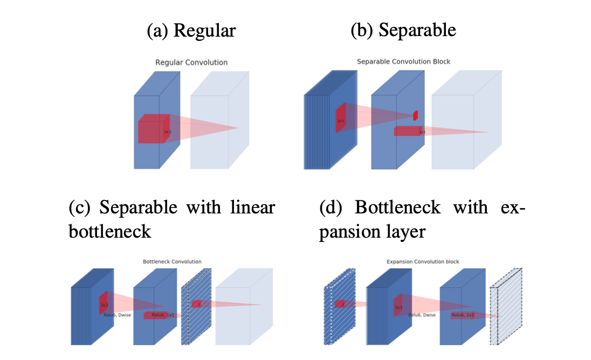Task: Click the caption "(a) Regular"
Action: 191,30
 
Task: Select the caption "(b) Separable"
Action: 403,30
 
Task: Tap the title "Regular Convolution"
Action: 191,63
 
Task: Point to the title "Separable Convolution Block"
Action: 403,61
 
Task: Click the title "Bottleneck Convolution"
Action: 164,262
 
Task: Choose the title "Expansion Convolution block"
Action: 423,262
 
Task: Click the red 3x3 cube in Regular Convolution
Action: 153,129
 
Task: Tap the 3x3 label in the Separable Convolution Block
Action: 340,121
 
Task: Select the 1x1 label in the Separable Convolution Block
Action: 422,131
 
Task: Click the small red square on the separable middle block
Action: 415,115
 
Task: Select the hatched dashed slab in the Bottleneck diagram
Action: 197,307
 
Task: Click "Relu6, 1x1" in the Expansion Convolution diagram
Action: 463,315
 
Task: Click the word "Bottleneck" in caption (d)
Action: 394,207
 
